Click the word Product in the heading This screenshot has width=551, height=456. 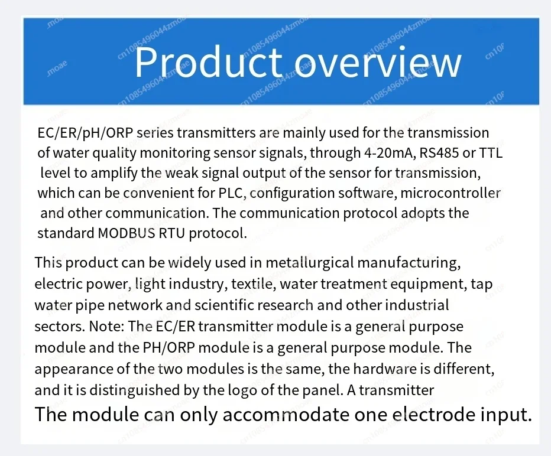tap(208, 62)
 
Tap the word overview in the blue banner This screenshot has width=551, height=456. tap(377, 63)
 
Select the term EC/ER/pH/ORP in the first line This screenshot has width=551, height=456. tap(85, 133)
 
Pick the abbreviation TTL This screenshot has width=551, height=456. tap(491, 153)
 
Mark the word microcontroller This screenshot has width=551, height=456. tap(450, 193)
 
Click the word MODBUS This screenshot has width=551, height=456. tap(126, 233)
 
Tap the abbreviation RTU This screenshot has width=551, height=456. tap(171, 233)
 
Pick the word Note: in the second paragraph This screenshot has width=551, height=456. tap(106, 327)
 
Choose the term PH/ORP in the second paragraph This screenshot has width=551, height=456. tap(168, 348)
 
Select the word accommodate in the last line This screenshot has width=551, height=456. tap(286, 415)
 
